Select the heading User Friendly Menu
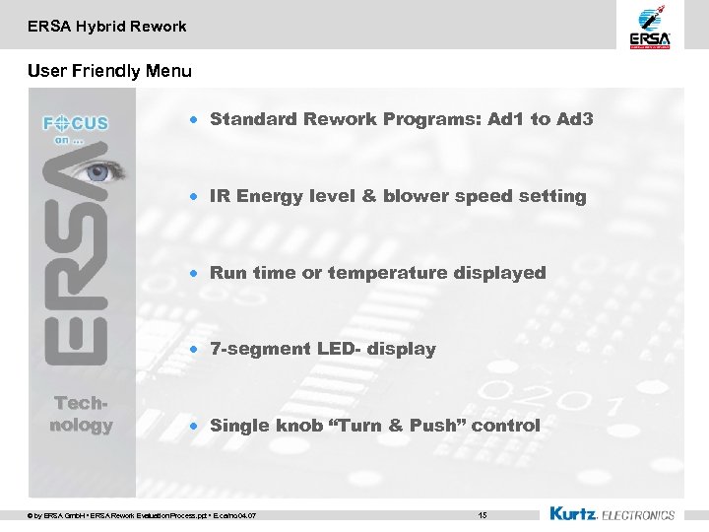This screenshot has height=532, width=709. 109,71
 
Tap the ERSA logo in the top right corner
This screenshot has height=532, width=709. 650,27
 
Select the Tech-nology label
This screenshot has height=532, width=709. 81,415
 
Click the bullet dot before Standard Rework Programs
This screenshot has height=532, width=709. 196,119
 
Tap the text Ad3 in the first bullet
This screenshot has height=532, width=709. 574,119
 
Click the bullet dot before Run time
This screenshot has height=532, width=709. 196,273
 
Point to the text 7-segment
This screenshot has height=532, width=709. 260,349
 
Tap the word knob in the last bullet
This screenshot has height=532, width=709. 292,426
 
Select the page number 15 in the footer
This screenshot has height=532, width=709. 482,514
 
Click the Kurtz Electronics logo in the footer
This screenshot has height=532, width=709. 612,513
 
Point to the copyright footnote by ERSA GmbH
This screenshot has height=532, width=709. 143,515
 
